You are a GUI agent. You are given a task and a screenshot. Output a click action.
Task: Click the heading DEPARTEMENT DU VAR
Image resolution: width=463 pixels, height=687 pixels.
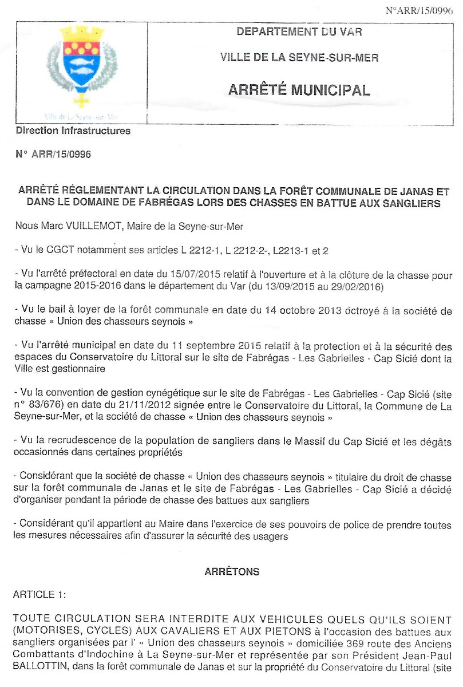299,32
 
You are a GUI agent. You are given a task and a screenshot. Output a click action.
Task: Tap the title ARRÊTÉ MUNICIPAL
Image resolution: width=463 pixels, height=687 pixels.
299,90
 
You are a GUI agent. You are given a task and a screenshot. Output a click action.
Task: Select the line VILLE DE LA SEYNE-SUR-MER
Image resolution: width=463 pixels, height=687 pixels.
299,58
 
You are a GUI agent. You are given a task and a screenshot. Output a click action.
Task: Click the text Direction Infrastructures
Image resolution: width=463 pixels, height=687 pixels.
73,131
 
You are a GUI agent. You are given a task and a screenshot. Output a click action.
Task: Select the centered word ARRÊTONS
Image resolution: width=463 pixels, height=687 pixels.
232,572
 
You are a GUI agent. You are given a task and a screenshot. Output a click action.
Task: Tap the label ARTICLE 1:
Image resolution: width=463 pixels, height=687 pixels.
39,595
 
